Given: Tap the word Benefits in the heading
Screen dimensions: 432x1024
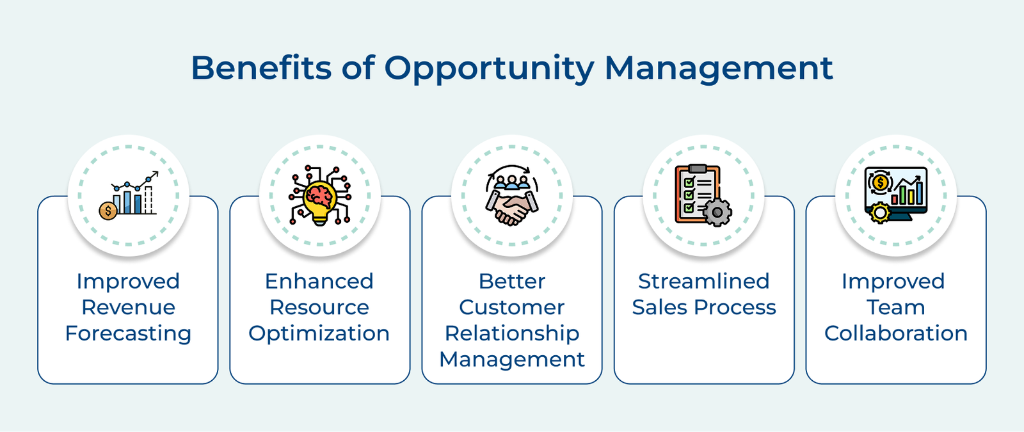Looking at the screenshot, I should pos(260,68).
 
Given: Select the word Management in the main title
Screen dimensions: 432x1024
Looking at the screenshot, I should pos(718,68).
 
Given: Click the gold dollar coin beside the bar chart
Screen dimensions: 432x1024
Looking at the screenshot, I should pos(108,210).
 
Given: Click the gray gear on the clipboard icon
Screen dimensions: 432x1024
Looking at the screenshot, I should pos(717,212).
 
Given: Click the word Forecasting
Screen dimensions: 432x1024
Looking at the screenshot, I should pos(128,333).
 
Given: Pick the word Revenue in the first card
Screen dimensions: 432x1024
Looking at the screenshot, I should pos(128,307).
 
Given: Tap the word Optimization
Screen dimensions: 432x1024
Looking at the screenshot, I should pos(319,333).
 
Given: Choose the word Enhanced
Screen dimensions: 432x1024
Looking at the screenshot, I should pos(319,281).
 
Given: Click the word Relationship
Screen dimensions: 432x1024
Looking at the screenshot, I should pos(512,333).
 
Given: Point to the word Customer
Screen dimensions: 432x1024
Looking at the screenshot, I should pos(512,307).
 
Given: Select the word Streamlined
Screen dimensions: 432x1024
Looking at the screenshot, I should pos(703,281).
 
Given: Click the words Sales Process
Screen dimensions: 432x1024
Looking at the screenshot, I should pos(703,307).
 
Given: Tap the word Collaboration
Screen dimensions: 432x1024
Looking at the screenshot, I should pos(895,333).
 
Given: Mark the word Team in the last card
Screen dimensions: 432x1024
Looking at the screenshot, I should pos(895,307).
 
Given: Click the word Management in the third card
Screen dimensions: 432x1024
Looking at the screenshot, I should pos(512,360).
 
